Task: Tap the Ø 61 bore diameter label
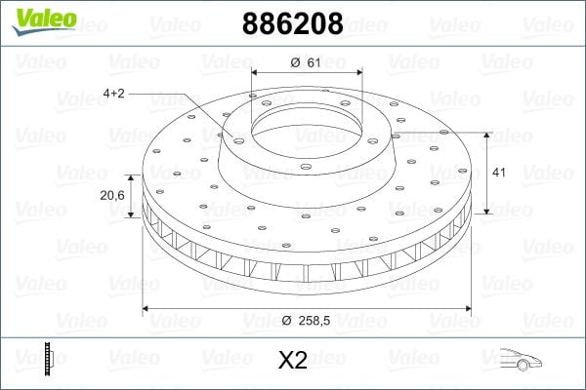point(307,62)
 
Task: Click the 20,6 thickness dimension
point(111,196)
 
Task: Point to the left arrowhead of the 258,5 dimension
point(147,309)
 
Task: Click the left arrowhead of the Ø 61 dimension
point(255,73)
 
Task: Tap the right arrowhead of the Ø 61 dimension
point(359,73)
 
